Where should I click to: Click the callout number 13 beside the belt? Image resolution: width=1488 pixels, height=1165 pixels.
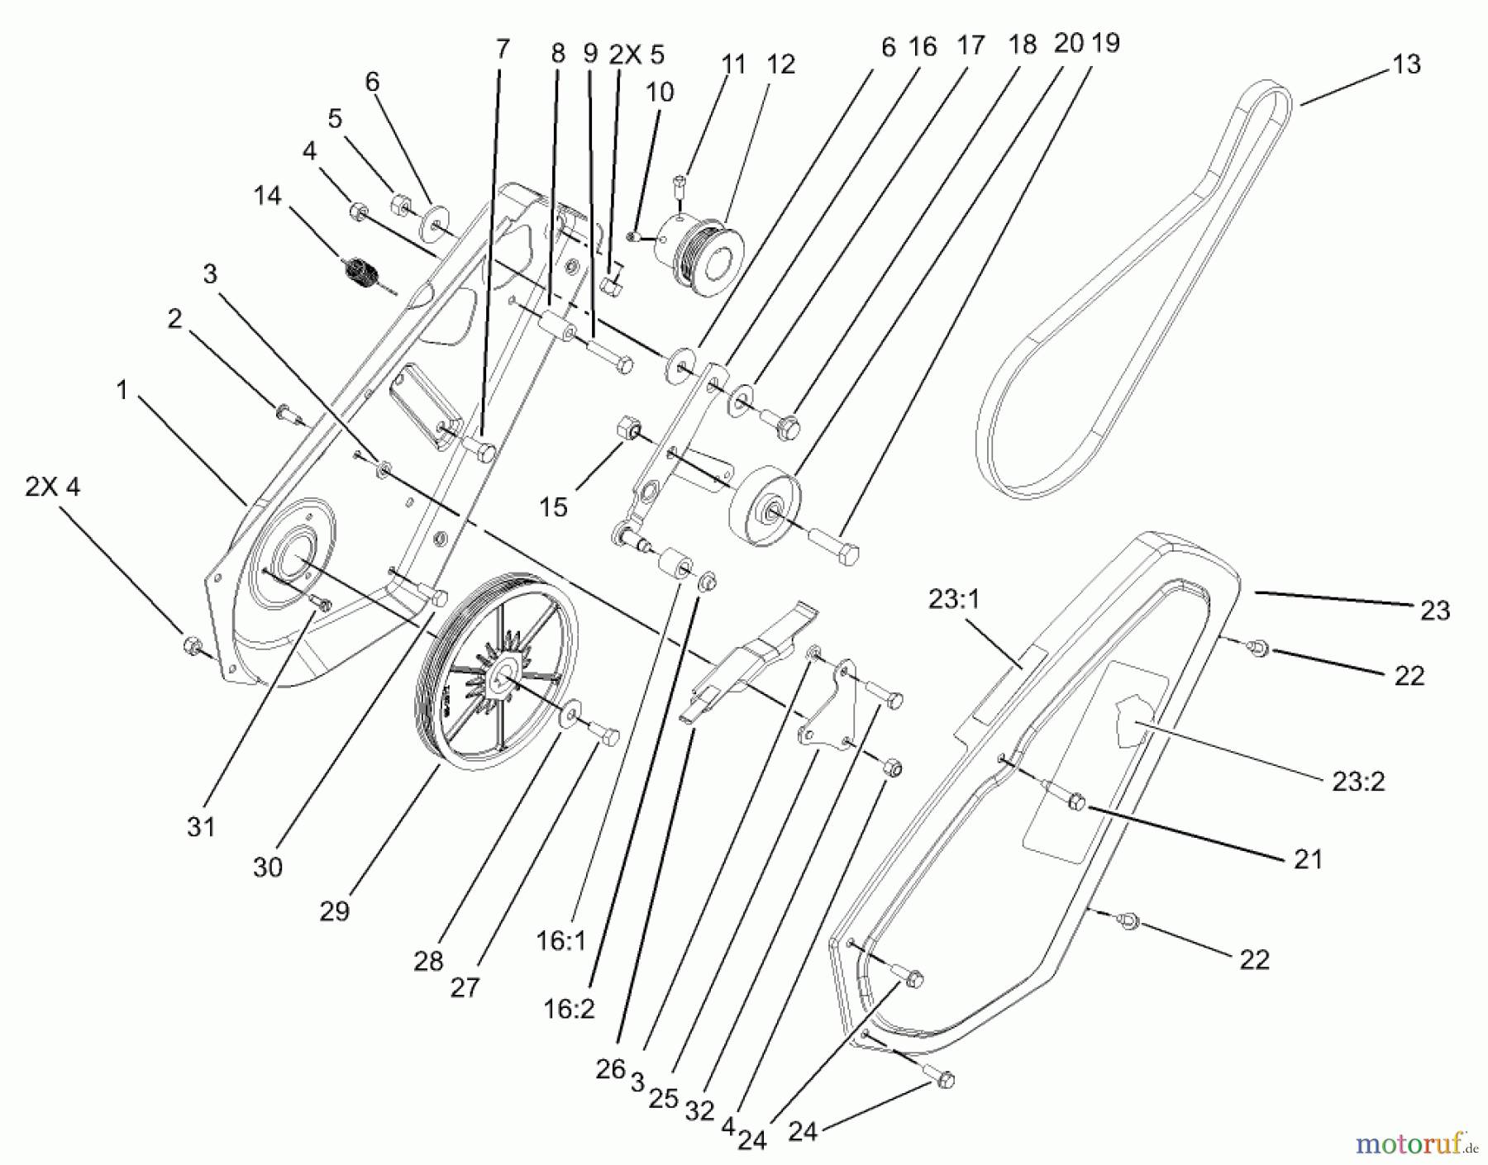[x=1406, y=64]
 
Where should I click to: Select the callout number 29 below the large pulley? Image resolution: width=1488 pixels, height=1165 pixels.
[x=335, y=911]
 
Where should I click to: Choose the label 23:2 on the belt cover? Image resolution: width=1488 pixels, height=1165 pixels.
[x=1358, y=780]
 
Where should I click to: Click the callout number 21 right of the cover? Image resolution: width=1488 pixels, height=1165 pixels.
[x=1308, y=859]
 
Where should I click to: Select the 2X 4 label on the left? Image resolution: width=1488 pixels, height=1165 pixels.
[x=53, y=487]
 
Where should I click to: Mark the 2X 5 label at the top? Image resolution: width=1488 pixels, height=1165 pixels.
[x=637, y=55]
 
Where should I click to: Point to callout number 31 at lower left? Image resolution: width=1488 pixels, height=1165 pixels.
[x=201, y=826]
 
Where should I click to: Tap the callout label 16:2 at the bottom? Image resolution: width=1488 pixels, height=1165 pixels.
[x=570, y=1009]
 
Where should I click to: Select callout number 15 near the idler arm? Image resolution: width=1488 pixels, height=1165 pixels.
[x=553, y=506]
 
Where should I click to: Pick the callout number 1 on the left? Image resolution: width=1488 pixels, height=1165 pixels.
[x=122, y=390]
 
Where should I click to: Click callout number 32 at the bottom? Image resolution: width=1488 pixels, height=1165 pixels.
[x=699, y=1111]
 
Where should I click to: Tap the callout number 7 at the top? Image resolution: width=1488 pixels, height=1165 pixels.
[x=503, y=49]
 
